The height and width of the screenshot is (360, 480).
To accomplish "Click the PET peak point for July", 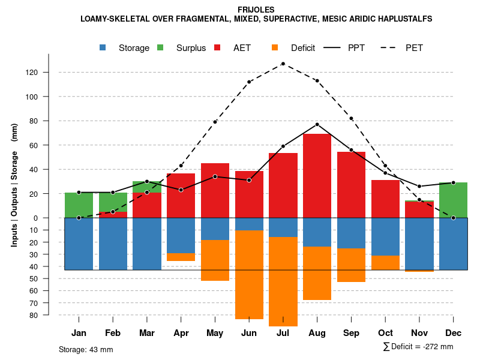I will [x=283, y=64].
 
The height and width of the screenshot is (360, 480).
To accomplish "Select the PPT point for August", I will [x=317, y=124].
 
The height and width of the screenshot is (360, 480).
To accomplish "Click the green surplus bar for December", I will [x=454, y=200].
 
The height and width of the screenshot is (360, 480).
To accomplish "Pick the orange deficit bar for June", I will [x=249, y=274].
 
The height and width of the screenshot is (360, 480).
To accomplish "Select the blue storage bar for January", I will [x=79, y=244].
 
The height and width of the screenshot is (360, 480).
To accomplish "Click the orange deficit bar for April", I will [x=181, y=257].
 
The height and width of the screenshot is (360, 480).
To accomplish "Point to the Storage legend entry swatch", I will [x=103, y=48].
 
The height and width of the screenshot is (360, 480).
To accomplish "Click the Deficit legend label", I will [x=303, y=48].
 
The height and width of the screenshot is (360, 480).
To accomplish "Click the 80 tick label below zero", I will [x=34, y=315].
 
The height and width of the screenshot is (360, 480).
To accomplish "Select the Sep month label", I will [x=351, y=333].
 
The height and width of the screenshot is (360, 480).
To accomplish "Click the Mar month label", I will [x=147, y=333].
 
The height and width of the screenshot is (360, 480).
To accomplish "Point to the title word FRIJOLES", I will [x=256, y=10].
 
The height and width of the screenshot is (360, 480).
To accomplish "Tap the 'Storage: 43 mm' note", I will [x=86, y=349].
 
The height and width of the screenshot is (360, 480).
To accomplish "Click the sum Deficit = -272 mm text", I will [x=418, y=347].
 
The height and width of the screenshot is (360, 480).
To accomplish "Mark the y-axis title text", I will [x=14, y=185].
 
